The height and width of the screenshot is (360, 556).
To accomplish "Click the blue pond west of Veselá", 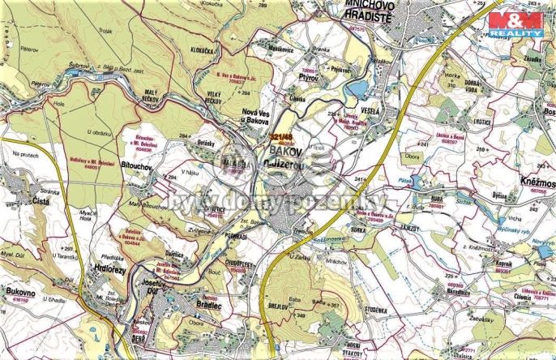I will [x=356, y=88].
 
